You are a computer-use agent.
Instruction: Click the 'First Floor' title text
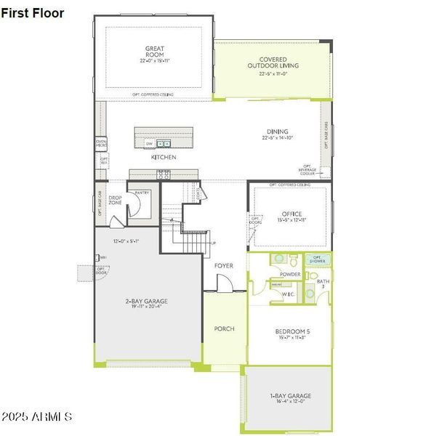click(33, 13)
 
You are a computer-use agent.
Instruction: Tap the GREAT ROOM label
click(154, 52)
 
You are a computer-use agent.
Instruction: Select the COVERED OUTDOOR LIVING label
click(273, 62)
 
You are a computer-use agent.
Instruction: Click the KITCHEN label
click(164, 157)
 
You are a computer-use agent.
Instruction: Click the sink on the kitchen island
click(164, 143)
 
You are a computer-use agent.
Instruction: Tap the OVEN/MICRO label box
click(101, 144)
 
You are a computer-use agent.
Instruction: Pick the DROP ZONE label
click(115, 201)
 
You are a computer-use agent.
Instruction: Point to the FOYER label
click(224, 266)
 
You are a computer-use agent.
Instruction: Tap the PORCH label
click(224, 328)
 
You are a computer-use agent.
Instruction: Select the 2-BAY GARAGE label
click(145, 301)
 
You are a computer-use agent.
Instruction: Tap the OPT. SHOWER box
click(317, 259)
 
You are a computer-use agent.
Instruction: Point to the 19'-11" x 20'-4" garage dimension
click(145, 307)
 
